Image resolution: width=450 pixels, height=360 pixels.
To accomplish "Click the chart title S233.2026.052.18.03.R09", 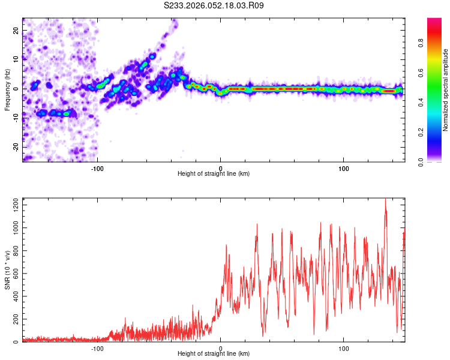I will point(214,5).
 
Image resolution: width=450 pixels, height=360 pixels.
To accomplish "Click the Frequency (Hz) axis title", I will point(7,89).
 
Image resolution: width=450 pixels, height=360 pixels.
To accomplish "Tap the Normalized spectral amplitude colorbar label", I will point(446,90).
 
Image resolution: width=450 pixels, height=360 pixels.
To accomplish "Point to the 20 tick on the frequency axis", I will point(16,30).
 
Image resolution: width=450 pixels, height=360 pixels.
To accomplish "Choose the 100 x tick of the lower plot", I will point(344,348).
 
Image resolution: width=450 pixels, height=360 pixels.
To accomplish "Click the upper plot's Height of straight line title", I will point(214,174).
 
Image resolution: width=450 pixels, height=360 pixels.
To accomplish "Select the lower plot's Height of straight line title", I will point(214,354).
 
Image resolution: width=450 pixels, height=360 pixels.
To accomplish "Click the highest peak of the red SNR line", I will point(385,199).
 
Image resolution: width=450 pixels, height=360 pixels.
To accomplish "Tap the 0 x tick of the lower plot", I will point(220,348).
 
